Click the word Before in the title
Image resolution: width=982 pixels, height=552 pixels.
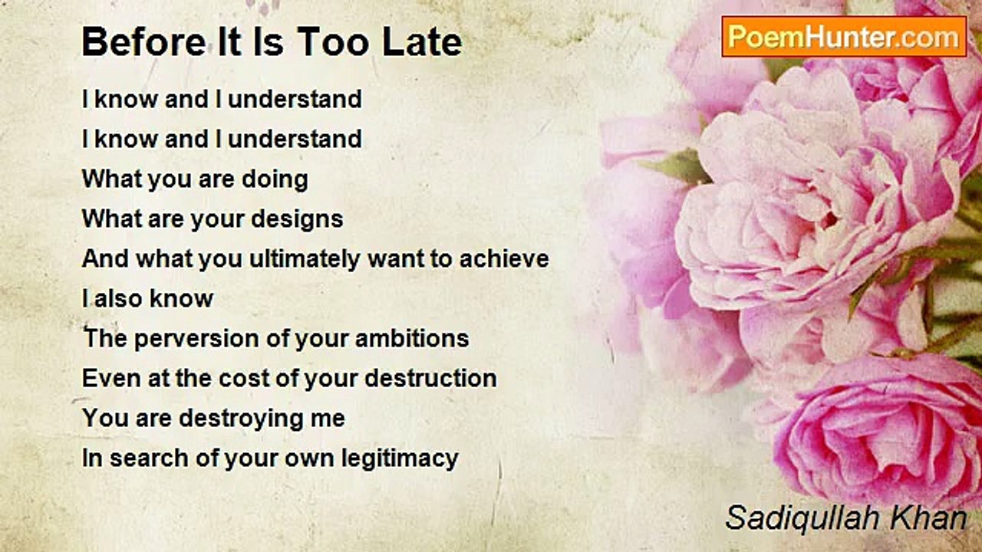(x=143, y=41)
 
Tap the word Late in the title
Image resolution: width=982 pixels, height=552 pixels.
(x=422, y=41)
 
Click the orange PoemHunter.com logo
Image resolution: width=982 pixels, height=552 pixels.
(x=844, y=37)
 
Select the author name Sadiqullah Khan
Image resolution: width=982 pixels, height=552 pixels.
(x=846, y=518)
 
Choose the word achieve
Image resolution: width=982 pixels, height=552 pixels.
(x=504, y=258)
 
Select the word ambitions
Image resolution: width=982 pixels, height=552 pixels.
(x=412, y=338)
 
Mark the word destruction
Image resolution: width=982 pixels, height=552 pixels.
(x=430, y=378)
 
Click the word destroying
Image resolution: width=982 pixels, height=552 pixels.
(x=240, y=419)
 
